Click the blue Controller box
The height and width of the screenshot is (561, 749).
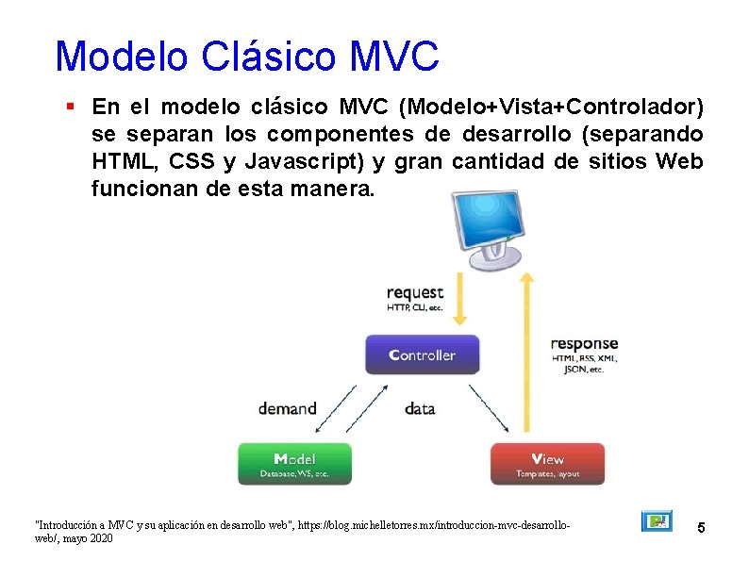click(x=422, y=355)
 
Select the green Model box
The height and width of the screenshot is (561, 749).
click(x=294, y=464)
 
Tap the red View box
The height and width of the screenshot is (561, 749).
click(x=547, y=464)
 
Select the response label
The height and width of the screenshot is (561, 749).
click(x=584, y=343)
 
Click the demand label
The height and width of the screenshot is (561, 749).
click(x=288, y=408)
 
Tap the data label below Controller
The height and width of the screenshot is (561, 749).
click(x=420, y=408)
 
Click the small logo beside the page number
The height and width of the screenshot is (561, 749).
click(x=657, y=521)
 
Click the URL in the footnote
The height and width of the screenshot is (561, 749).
click(x=434, y=522)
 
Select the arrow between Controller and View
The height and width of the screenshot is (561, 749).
click(x=490, y=406)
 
